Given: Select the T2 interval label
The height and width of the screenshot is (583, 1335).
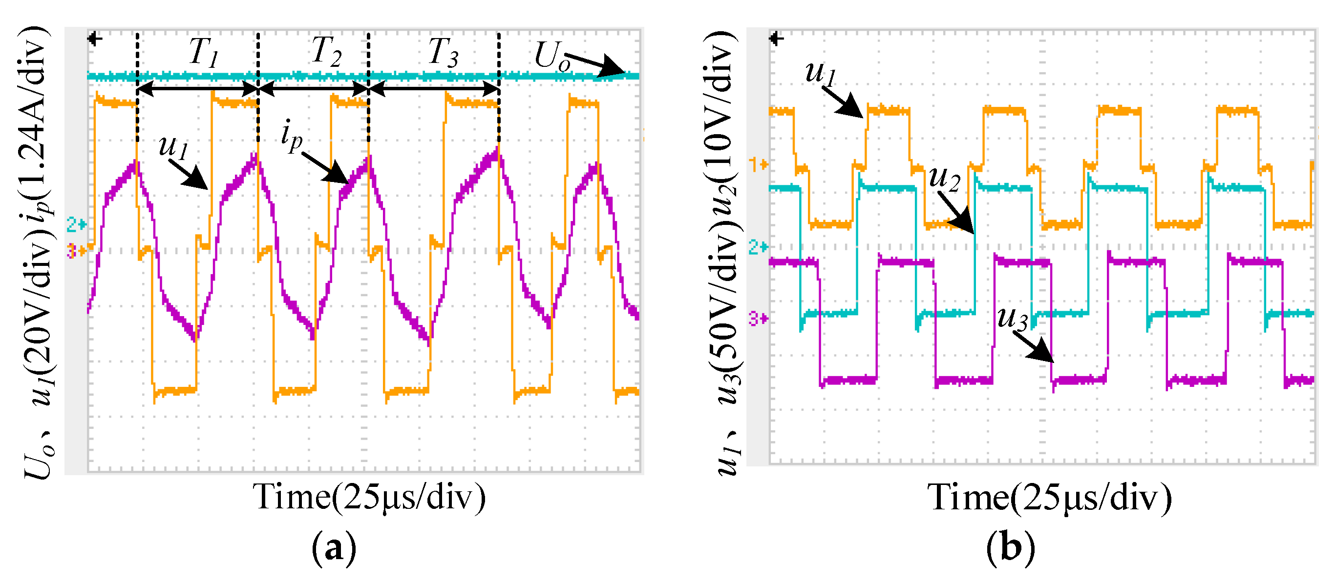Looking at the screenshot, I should pyautogui.click(x=326, y=52).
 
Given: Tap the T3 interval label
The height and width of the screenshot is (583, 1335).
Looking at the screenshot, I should pyautogui.click(x=443, y=52).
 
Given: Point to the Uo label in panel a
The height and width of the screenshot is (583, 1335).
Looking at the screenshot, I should pyautogui.click(x=552, y=56).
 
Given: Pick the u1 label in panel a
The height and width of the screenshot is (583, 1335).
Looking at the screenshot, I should pyautogui.click(x=173, y=146).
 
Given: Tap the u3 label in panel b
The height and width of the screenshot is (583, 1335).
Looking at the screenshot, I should pyautogui.click(x=1012, y=318).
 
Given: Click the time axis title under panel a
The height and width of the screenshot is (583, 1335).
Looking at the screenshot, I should pyautogui.click(x=369, y=498).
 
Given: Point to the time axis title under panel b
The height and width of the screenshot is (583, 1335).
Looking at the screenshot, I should pyautogui.click(x=1049, y=498).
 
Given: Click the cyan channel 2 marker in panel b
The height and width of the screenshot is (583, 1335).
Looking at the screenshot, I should pyautogui.click(x=758, y=247).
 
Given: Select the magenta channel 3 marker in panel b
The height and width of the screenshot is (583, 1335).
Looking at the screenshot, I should pyautogui.click(x=758, y=319).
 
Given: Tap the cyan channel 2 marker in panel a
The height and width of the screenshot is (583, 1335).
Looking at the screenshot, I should pyautogui.click(x=76, y=225).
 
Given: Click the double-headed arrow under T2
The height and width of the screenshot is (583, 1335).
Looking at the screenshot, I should pyautogui.click(x=313, y=90).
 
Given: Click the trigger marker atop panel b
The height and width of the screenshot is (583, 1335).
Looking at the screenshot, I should pyautogui.click(x=776, y=39).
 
